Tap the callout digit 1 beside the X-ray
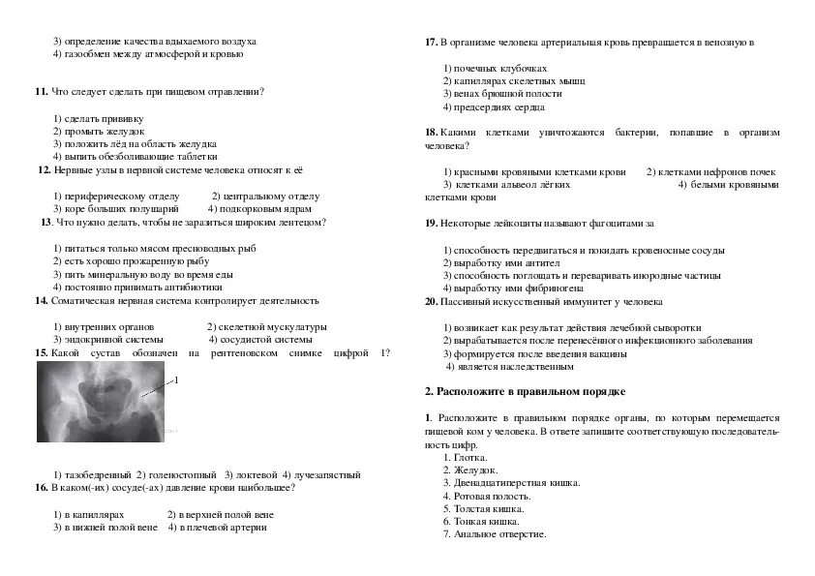pos(176,381)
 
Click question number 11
pos(41,92)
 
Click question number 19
pos(432,224)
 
